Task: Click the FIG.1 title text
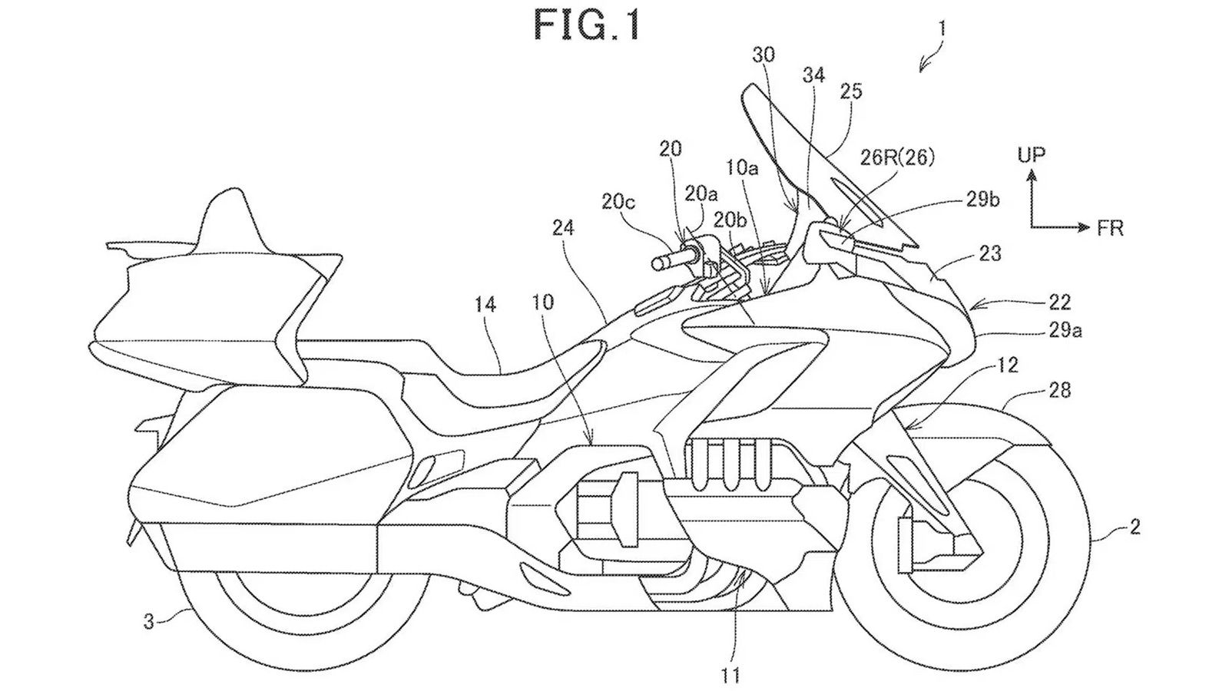point(587,26)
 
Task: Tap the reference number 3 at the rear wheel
point(149,620)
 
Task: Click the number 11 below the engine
point(730,676)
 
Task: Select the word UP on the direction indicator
point(1031,155)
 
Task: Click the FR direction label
point(1111,228)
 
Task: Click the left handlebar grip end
point(658,263)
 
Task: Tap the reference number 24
point(562,227)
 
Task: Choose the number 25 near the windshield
point(851,91)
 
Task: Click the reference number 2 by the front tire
point(1135,527)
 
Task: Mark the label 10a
point(743,167)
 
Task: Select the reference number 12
point(1008,365)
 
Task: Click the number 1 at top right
point(942,30)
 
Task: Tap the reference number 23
point(991,253)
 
